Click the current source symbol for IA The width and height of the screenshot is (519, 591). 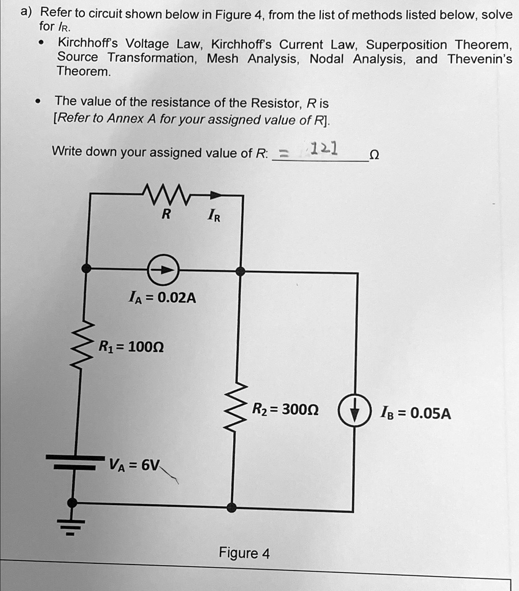coord(165,269)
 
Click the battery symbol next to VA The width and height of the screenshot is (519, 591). coord(73,461)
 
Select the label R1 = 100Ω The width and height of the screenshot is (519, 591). coord(132,347)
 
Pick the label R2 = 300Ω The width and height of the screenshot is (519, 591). coord(286,410)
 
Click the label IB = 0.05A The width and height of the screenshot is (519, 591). coord(415,413)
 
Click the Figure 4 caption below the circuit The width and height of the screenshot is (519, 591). coord(244,553)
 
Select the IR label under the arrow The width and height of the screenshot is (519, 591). coord(213,218)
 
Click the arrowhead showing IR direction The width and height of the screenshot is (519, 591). coord(215,196)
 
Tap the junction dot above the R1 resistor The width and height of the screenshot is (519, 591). coord(86,268)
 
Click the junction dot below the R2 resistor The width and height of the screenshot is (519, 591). coord(232,507)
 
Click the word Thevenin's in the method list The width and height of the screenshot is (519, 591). coord(479,59)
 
